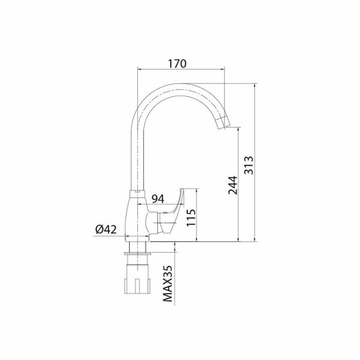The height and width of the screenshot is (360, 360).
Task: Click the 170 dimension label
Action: coord(177,64)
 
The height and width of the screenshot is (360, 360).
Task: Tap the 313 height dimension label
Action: coord(248,166)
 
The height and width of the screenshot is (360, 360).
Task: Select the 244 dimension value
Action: coord(233,185)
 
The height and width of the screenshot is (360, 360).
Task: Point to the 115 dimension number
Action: coord(191,217)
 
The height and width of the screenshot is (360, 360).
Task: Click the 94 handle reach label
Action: coord(158,199)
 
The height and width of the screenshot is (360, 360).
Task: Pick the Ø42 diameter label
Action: coord(106,229)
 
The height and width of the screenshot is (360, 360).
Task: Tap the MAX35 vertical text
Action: coord(168,284)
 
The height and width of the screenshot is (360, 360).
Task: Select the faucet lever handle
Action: coord(172,210)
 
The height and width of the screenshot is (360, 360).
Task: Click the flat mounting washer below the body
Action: coord(137,254)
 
